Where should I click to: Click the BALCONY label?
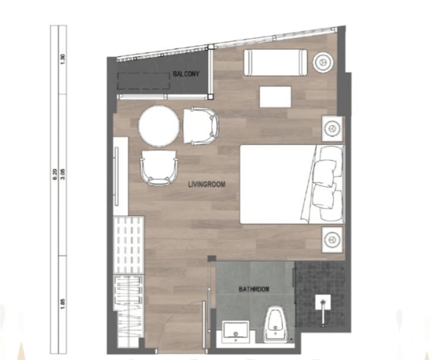pyautogui.click(x=186, y=74)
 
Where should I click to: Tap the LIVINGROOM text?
pyautogui.click(x=207, y=184)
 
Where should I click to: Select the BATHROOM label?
pyautogui.click(x=254, y=289)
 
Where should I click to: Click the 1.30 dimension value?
pyautogui.click(x=63, y=59)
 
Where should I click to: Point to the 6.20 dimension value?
pyautogui.click(x=54, y=175)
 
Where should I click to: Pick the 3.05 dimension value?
pyautogui.click(x=63, y=175)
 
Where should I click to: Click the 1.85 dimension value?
pyautogui.click(x=63, y=304)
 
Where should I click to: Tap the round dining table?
pyautogui.click(x=159, y=126)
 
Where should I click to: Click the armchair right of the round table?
pyautogui.click(x=201, y=126)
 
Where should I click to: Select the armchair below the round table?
pyautogui.click(x=158, y=167)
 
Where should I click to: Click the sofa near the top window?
pyautogui.click(x=275, y=62)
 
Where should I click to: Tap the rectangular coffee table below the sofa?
pyautogui.click(x=275, y=97)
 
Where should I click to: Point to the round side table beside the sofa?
pyautogui.click(x=323, y=62)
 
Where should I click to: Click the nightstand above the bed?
pyautogui.click(x=332, y=129)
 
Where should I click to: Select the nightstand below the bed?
pyautogui.click(x=332, y=239)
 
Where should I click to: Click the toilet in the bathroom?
pyautogui.click(x=275, y=325)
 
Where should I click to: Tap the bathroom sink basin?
pyautogui.click(x=236, y=332)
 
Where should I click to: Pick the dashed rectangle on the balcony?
pyautogui.click(x=143, y=81)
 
